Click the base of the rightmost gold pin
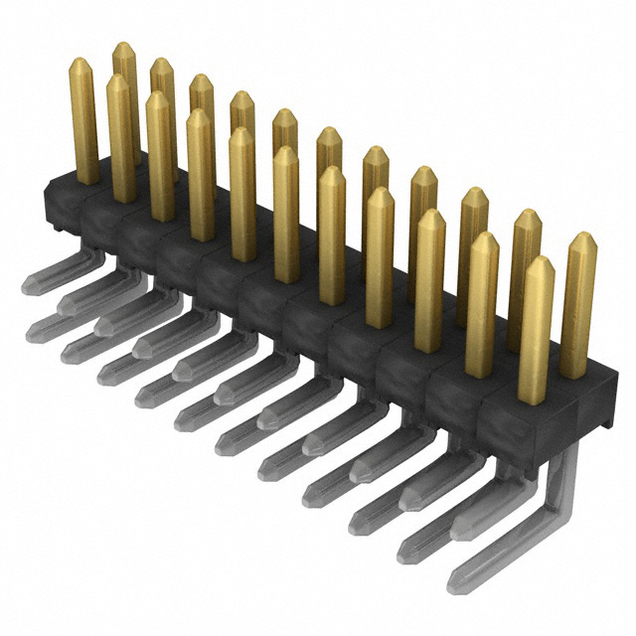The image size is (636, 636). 573,373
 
